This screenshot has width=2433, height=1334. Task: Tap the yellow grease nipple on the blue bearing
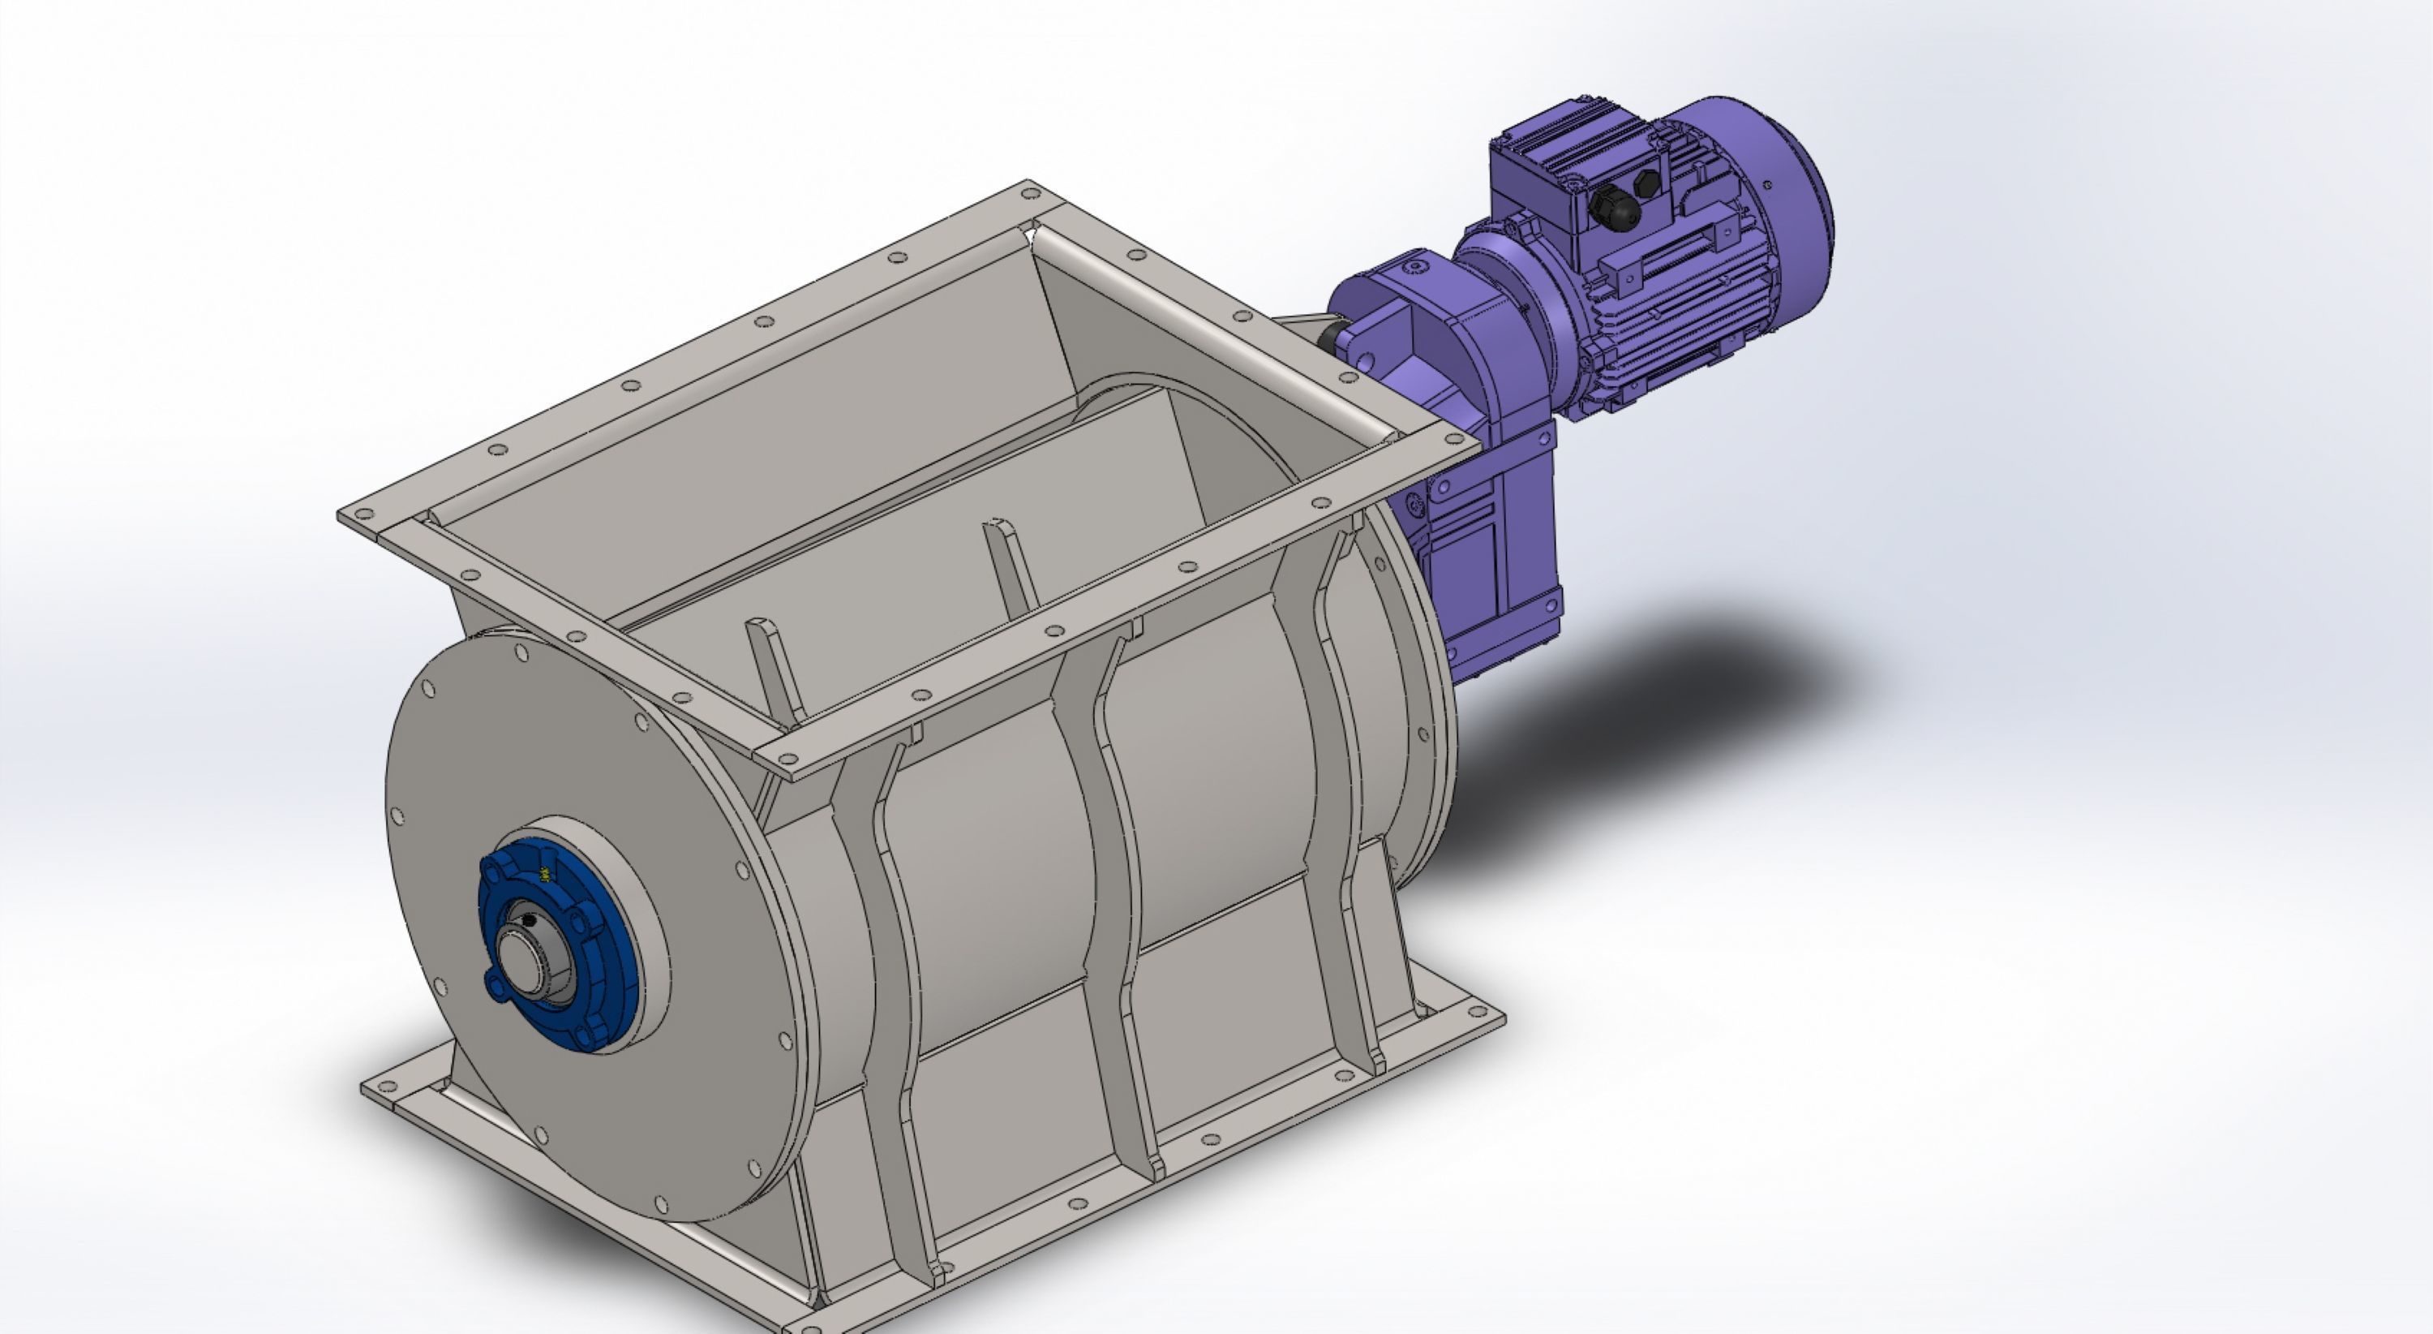point(545,875)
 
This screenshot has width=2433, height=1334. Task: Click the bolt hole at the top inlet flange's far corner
point(1031,194)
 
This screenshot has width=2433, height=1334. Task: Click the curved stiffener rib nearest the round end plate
point(888,992)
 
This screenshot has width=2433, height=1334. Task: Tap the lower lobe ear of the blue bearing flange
point(496,987)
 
